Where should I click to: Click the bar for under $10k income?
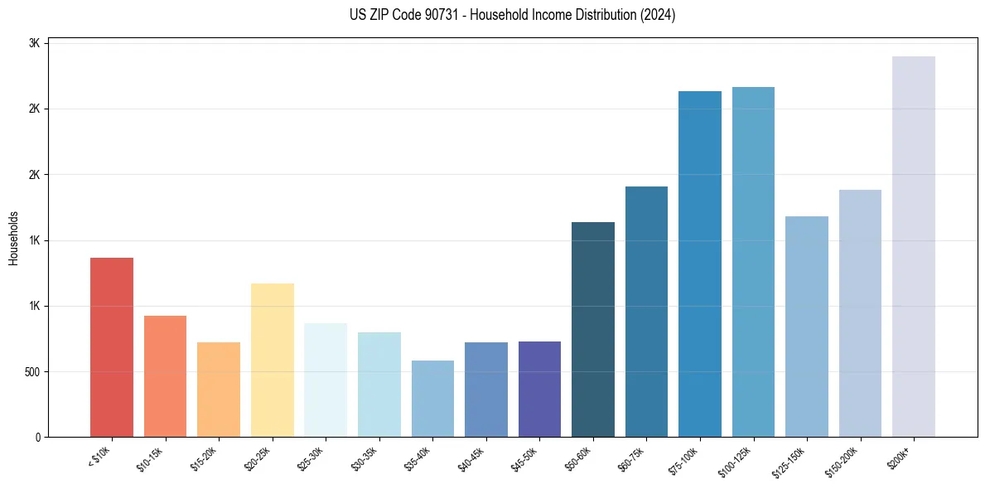click(x=112, y=347)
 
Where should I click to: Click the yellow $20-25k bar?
click(x=273, y=360)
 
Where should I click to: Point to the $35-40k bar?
click(x=432, y=399)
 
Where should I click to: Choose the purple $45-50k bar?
click(x=539, y=389)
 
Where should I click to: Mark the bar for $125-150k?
click(x=807, y=327)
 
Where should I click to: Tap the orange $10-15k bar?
click(x=165, y=376)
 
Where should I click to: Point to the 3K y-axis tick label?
click(x=35, y=43)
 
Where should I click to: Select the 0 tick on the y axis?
click(x=37, y=437)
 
